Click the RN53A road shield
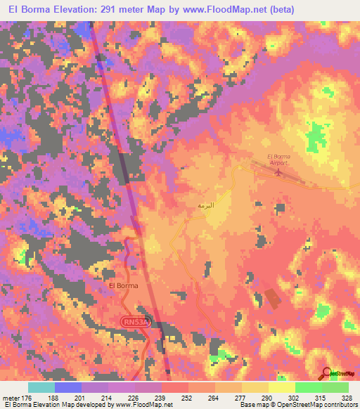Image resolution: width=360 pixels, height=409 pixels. (134, 321)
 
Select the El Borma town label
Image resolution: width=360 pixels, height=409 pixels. (123, 286)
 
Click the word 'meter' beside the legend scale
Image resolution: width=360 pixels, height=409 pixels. (11, 397)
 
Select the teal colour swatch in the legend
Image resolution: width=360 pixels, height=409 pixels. (41, 387)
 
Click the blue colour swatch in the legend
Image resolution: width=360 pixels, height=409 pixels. (68, 387)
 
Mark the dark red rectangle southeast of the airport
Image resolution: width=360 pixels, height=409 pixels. (271, 298)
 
